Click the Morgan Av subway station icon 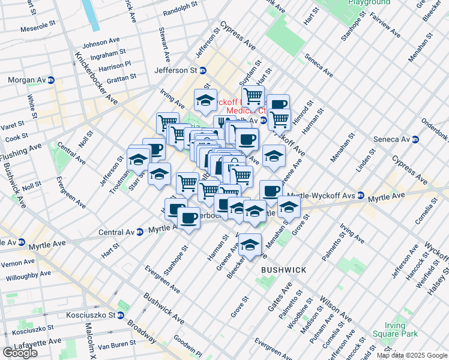coord(51,80)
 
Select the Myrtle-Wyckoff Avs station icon coord(361,195)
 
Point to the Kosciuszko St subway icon coord(120,315)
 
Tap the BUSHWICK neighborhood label coord(283,270)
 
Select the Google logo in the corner coord(20,353)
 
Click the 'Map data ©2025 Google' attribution coord(412,355)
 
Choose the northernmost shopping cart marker coord(253,96)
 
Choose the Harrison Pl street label coord(109,65)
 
